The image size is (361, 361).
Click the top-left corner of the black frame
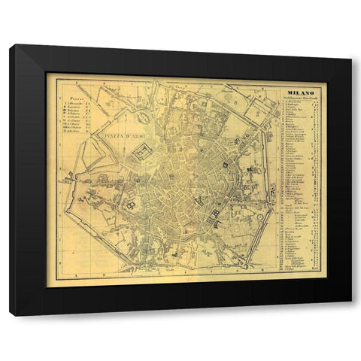11,47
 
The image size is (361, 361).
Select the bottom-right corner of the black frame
350,314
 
